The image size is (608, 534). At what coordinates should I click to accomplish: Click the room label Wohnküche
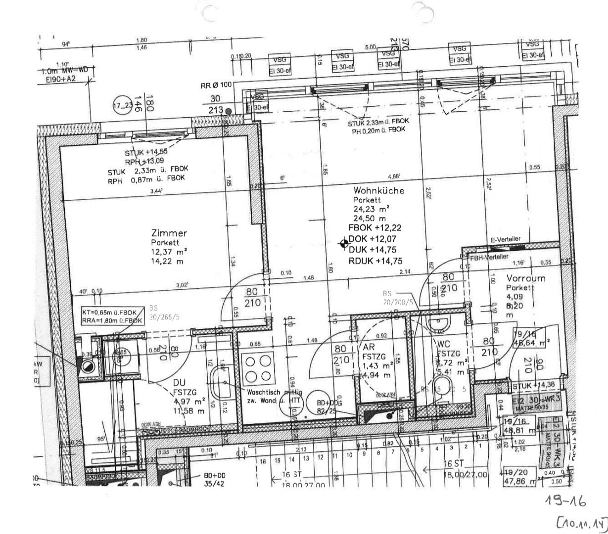coord(378,191)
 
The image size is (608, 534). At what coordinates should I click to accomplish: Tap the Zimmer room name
coord(169,233)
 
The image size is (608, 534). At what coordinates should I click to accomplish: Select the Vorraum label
coord(525,278)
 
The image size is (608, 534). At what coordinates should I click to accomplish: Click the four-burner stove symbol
coord(258,368)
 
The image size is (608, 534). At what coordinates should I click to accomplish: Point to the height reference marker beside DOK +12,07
coord(343,243)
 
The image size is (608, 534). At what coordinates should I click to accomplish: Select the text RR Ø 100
coord(216,85)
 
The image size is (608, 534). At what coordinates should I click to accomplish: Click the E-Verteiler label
coord(505,239)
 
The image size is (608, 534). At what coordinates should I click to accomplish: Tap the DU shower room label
coord(179,383)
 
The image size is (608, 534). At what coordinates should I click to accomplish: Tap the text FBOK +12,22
coord(374,228)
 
